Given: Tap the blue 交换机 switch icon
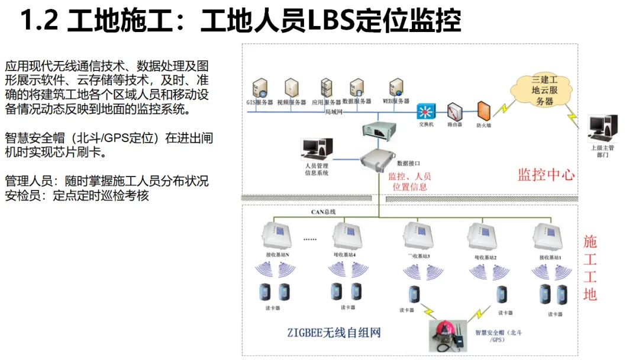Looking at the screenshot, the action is point(425,112).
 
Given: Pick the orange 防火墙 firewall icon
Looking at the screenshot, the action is point(485,111).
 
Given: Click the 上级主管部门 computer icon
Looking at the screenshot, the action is point(603,128).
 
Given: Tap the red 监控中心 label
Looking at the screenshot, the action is point(546,175).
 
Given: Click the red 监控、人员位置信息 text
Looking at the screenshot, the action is point(409,181).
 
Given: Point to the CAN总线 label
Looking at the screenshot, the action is point(324,212).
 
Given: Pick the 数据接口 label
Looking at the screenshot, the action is point(408,162).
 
